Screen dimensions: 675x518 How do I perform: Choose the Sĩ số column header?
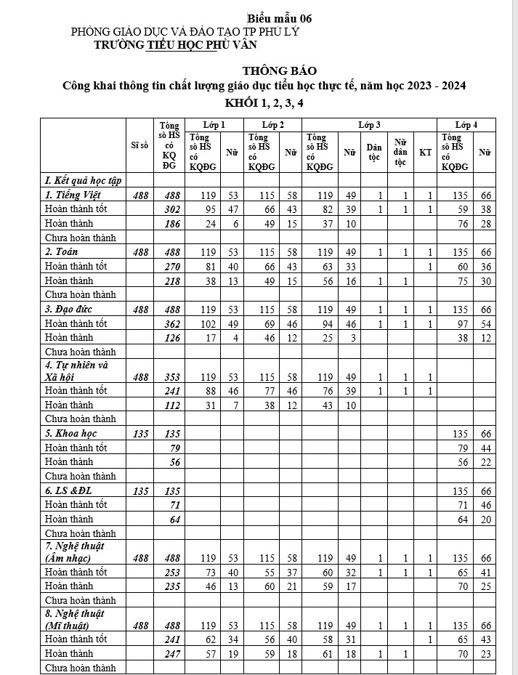139,145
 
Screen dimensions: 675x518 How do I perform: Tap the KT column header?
425,153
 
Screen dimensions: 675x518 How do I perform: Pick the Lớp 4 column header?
466,125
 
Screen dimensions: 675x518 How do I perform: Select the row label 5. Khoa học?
70,433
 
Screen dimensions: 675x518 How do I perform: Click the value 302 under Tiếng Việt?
169,209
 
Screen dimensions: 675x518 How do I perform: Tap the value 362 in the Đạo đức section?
169,323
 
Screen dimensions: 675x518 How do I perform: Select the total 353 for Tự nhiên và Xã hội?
169,376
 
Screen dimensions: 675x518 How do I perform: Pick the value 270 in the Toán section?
169,266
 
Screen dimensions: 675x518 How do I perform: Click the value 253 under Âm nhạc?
169,572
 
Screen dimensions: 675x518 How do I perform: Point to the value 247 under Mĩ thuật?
169,653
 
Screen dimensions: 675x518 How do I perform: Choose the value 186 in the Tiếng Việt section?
169,223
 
